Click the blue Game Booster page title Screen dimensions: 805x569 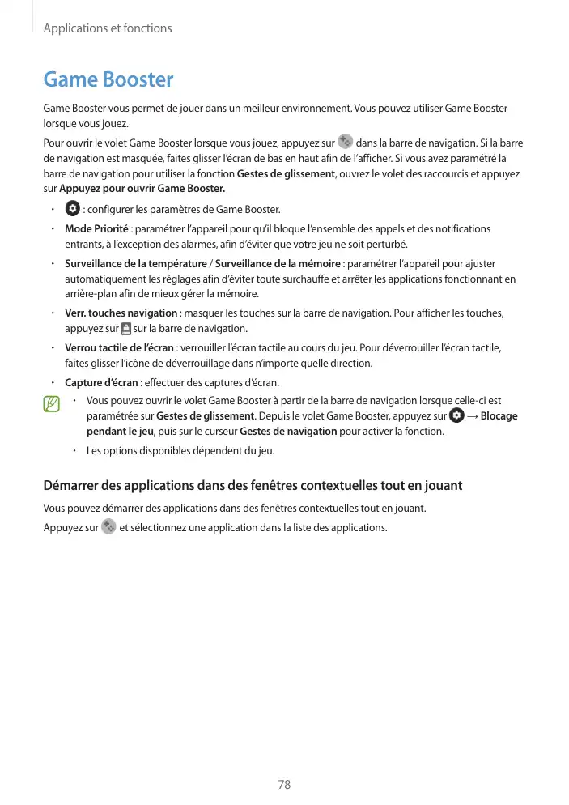108,80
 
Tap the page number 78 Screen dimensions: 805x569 284,785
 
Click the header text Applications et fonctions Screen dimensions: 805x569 107,28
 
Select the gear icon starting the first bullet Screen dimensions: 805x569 71,209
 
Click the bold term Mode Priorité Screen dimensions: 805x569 96,229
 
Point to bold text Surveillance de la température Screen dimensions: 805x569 135,264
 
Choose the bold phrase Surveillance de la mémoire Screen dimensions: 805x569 278,264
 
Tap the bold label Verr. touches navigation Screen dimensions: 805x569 121,313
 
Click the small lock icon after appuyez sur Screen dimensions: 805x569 125,328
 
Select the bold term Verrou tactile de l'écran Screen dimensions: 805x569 119,348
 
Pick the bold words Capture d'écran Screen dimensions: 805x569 101,383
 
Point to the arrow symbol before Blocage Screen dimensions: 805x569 472,416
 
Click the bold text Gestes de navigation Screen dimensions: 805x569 288,432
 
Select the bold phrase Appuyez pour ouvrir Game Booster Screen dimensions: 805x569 142,190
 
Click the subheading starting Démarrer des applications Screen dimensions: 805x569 252,486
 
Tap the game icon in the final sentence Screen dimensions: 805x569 108,528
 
